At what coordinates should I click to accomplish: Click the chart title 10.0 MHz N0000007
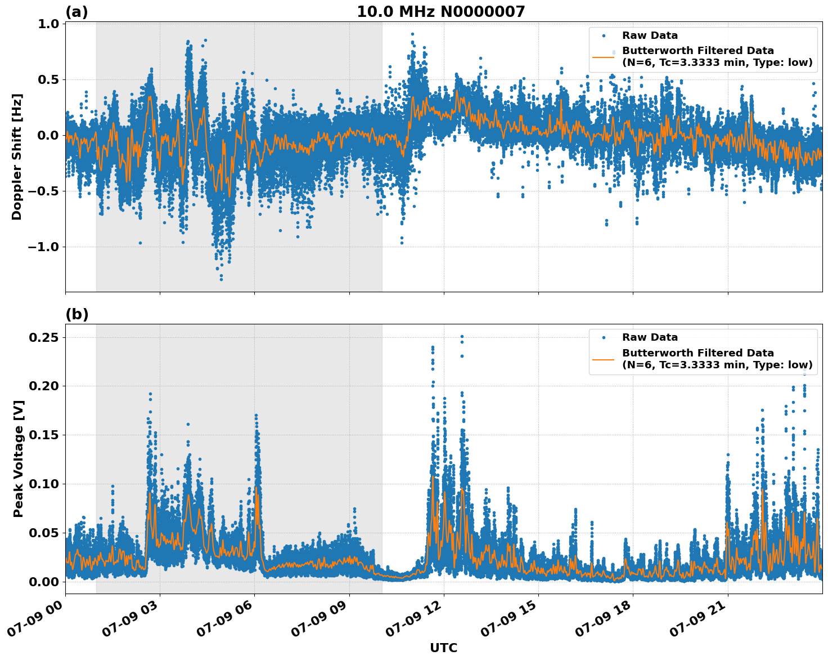click(440, 12)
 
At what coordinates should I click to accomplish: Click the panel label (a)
click(76, 12)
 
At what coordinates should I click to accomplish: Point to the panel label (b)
click(76, 314)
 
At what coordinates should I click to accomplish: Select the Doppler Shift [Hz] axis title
click(17, 157)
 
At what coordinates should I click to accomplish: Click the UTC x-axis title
click(443, 648)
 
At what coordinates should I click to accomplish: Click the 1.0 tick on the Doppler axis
click(49, 24)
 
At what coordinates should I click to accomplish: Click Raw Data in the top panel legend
click(650, 35)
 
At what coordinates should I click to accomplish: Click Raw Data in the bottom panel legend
click(650, 337)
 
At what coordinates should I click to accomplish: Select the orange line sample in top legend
click(604, 57)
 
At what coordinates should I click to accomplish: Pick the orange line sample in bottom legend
click(604, 359)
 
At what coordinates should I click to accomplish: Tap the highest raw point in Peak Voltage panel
click(462, 336)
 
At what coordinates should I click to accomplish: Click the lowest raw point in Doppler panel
click(221, 279)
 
